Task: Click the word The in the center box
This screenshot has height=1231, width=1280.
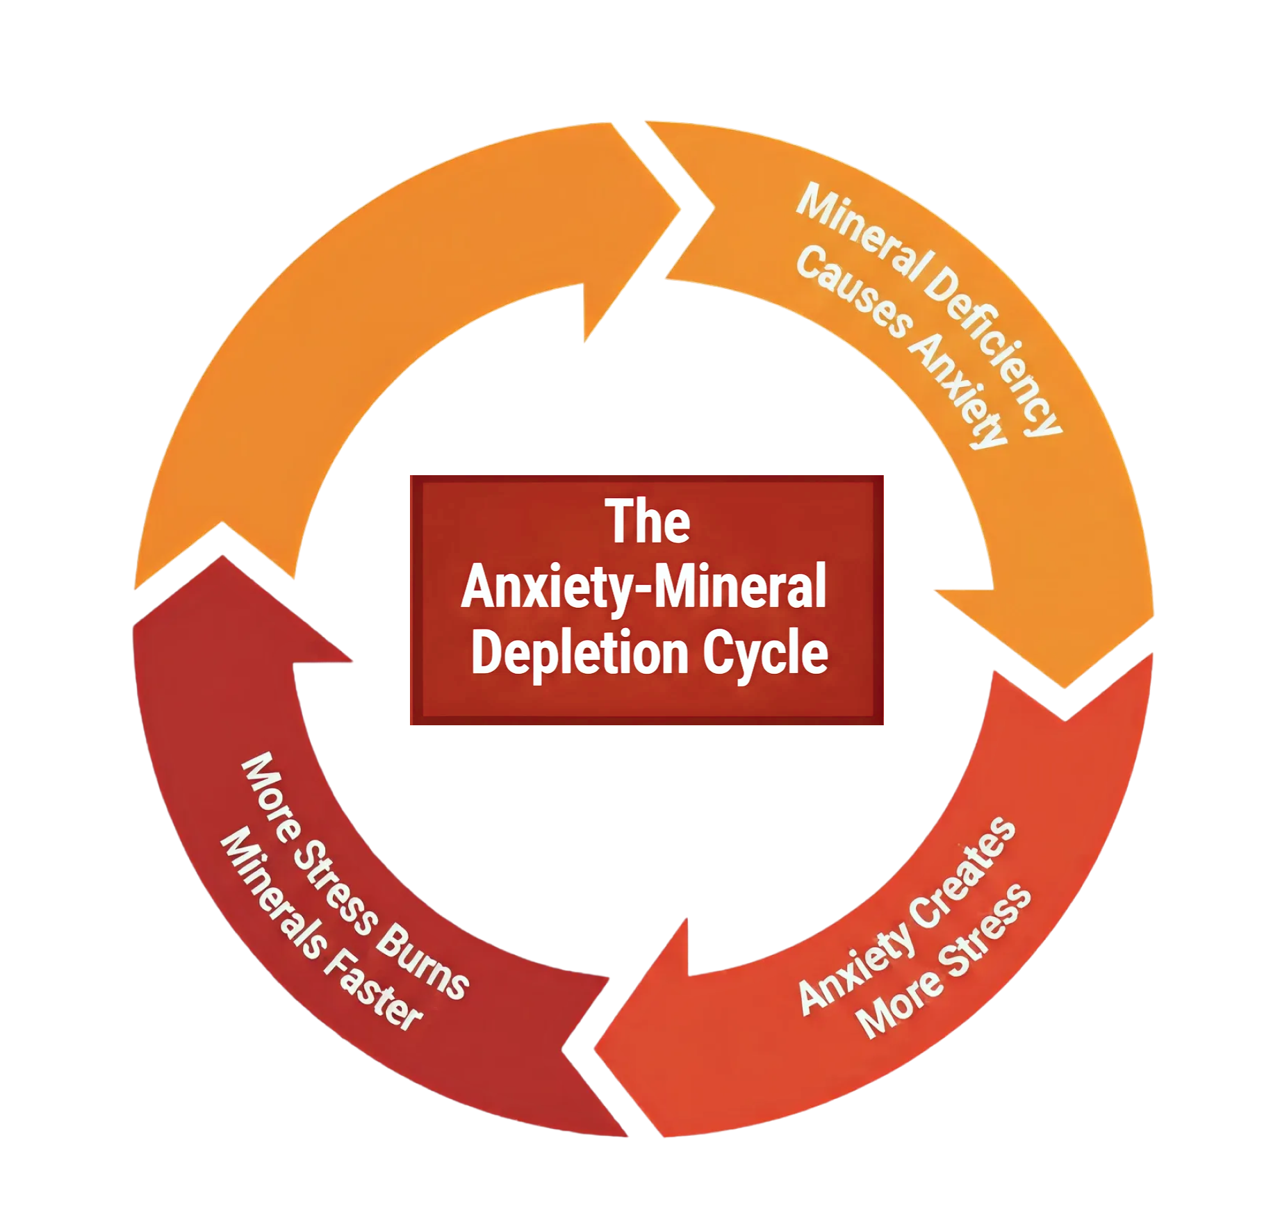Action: (x=649, y=522)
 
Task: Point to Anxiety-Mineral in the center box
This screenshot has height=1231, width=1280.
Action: (x=643, y=588)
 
